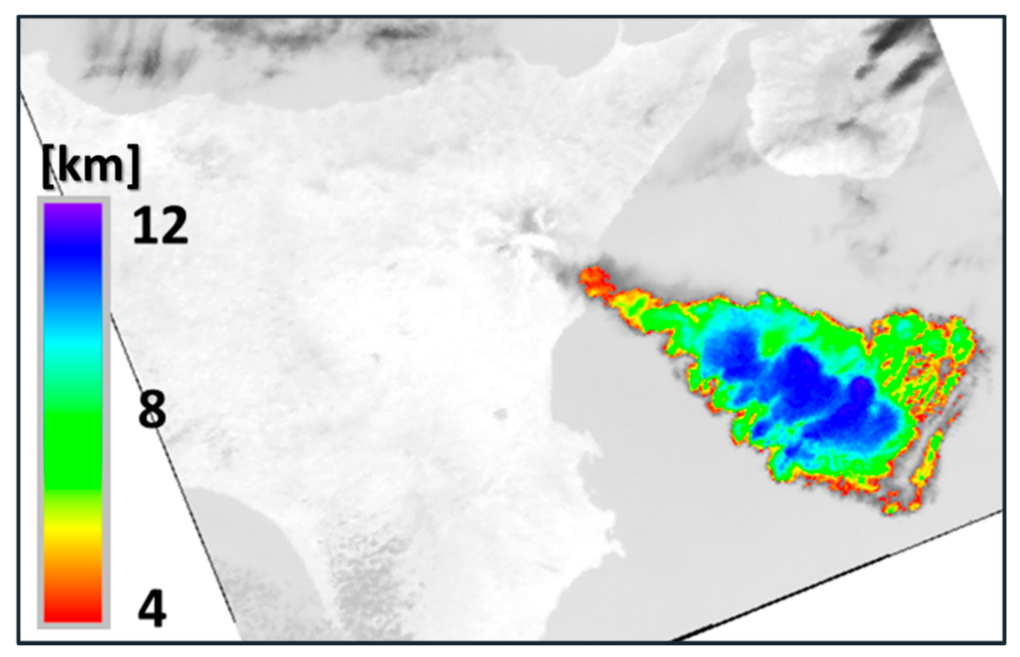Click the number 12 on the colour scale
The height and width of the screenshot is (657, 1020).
pyautogui.click(x=160, y=225)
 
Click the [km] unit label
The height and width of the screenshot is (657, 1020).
pyautogui.click(x=91, y=166)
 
